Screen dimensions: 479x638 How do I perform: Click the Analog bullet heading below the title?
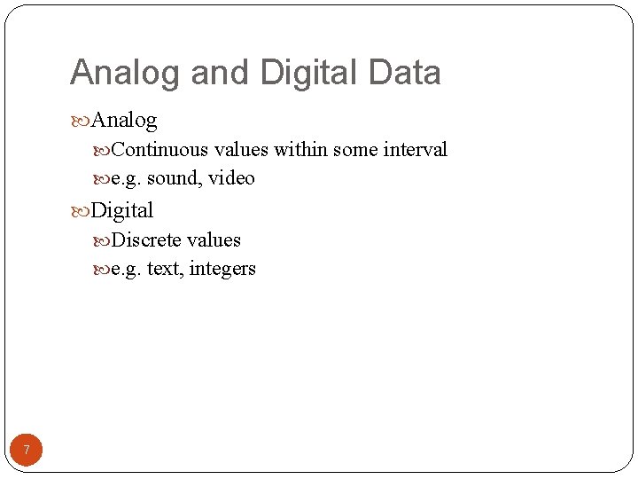pos(123,120)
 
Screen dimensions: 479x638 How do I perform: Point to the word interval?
pos(415,150)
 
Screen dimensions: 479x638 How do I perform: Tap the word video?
pos(231,178)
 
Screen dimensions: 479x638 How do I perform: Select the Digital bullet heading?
pos(121,210)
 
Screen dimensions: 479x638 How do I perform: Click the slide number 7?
pos(27,451)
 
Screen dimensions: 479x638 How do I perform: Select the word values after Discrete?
pos(214,240)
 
